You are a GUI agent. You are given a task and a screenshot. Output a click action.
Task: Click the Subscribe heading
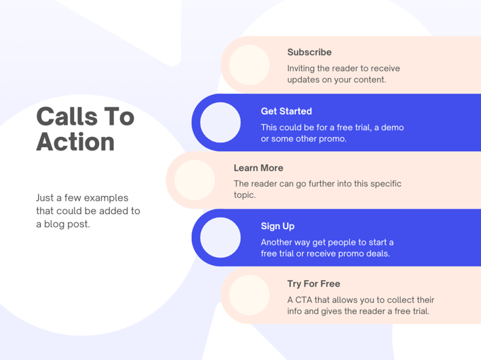pos(309,52)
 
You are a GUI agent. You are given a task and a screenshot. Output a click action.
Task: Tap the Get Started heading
pos(286,111)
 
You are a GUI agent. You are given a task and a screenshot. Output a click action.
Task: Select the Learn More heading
pos(258,168)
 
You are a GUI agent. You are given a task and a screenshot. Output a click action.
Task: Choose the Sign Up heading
pos(277,226)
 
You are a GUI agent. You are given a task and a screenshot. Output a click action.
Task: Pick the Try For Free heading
pos(313,284)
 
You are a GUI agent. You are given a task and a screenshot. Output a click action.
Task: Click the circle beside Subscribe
pos(250,64)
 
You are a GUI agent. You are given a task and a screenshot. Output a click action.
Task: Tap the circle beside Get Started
pos(220,122)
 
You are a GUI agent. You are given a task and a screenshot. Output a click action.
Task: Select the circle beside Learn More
pos(195,180)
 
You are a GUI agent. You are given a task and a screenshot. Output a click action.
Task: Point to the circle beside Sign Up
pos(220,238)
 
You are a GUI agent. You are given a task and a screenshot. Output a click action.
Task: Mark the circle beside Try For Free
pos(250,296)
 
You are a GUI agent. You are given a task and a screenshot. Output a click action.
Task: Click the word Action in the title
pos(75,142)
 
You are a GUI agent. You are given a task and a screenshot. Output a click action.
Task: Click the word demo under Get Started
pos(392,127)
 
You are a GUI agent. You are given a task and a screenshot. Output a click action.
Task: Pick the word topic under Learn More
pos(244,195)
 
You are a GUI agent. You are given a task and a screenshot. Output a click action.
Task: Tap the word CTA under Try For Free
pos(304,300)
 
